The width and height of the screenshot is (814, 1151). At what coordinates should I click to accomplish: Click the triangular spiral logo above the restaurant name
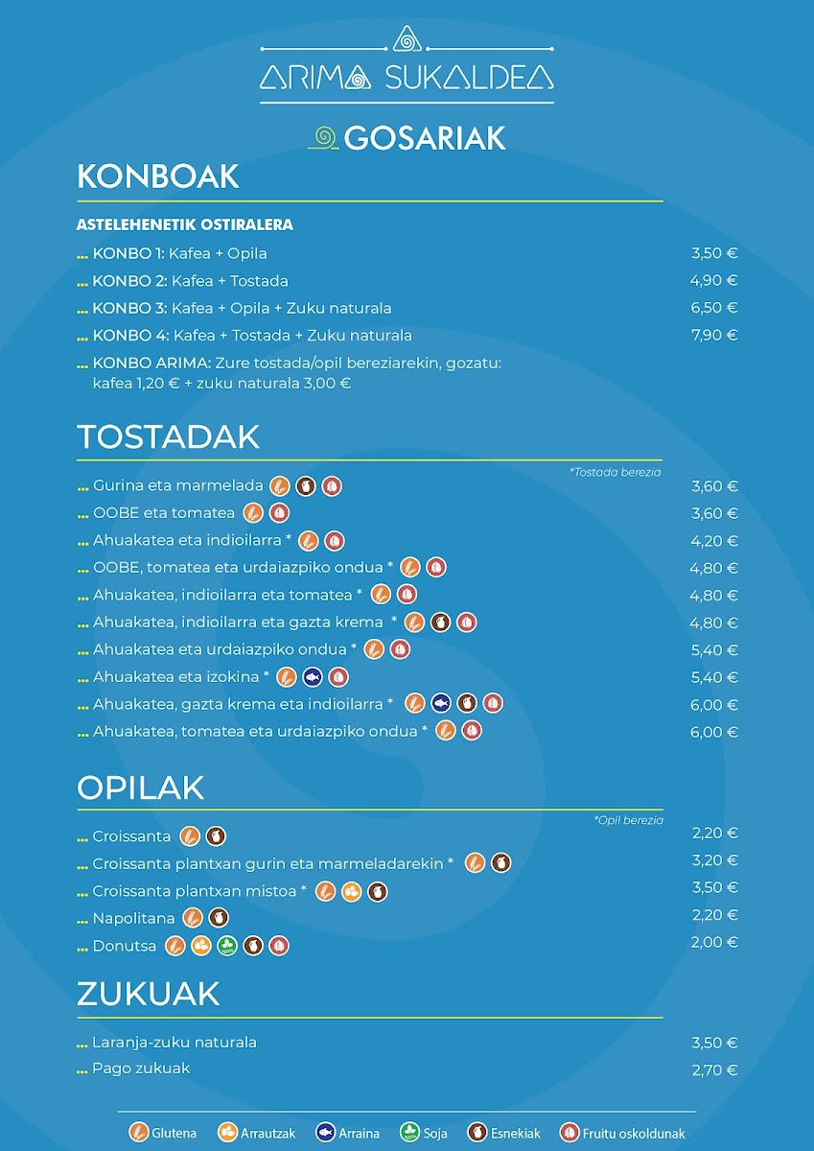click(407, 39)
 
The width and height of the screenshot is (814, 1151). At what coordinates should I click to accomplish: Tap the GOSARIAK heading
click(425, 138)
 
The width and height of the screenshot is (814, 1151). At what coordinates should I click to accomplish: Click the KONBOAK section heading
click(157, 176)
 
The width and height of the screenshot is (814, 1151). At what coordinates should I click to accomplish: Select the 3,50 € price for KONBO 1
click(714, 253)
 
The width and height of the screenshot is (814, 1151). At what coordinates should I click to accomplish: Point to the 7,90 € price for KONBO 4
click(714, 335)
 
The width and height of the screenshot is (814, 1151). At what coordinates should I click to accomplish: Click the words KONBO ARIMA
click(151, 364)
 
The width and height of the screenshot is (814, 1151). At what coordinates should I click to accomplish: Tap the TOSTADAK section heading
click(168, 436)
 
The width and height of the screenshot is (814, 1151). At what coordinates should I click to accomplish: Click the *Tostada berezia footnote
click(616, 472)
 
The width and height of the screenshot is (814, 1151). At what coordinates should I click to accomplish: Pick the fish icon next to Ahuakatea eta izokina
click(313, 677)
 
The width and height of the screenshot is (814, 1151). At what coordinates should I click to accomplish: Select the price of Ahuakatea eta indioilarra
click(714, 541)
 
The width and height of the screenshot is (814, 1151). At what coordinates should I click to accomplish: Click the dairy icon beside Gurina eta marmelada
click(306, 486)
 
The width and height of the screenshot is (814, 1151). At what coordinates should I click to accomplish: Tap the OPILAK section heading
click(140, 787)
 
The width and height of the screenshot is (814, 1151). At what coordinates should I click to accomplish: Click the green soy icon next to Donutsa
click(227, 946)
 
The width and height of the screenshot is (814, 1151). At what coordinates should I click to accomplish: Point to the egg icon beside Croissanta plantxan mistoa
click(351, 891)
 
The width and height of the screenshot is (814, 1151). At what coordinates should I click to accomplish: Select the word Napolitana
click(133, 918)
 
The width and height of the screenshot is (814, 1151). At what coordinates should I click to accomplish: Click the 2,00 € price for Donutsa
click(714, 942)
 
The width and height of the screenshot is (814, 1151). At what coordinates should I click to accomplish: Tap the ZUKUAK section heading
click(148, 994)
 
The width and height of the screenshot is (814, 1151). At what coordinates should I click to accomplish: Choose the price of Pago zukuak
click(714, 1069)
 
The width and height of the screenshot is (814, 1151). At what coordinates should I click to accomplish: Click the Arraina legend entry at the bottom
click(348, 1133)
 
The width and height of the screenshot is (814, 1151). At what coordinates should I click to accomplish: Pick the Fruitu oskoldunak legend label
click(633, 1133)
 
